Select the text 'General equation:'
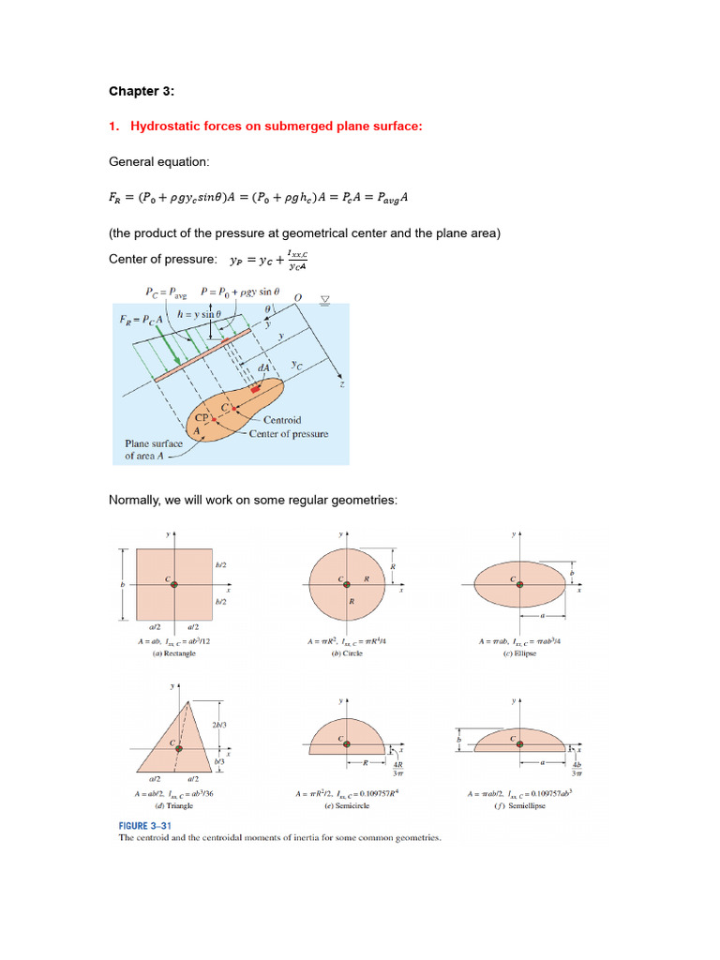[156, 162]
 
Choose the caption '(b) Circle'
[346, 653]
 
